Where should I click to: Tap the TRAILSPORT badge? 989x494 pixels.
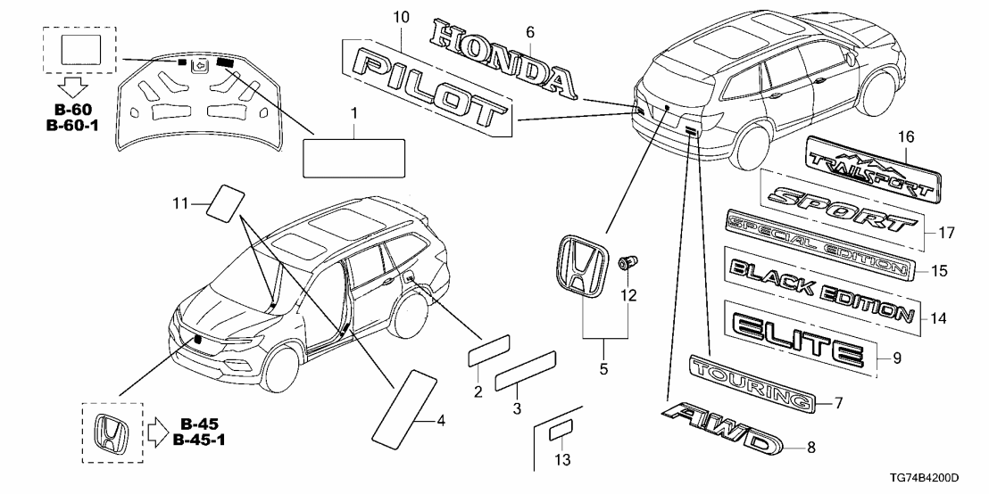click(x=874, y=173)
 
